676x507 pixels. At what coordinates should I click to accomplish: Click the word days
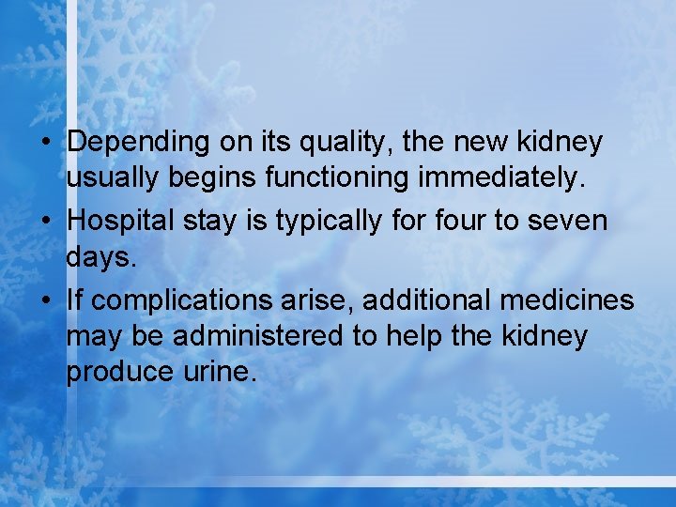pos(101,256)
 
